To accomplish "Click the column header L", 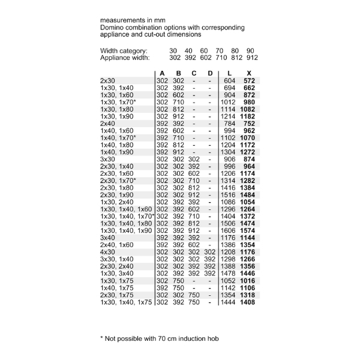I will pyautogui.click(x=230, y=73).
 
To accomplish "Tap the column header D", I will pyautogui.click(x=210, y=73).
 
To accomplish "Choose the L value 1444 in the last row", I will pyautogui.click(x=229, y=303).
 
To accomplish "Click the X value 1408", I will pyautogui.click(x=248, y=303).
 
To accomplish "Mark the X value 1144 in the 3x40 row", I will pyautogui.click(x=248, y=238).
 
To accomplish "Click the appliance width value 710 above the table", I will pyautogui.click(x=220, y=58).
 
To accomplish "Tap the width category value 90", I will pyautogui.click(x=251, y=51).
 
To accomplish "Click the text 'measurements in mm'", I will pyautogui.click(x=132, y=20).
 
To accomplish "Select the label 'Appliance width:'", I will pyautogui.click(x=124, y=58).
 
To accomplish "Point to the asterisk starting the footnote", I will pyautogui.click(x=101, y=338).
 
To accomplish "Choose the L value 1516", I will pyautogui.click(x=229, y=195).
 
